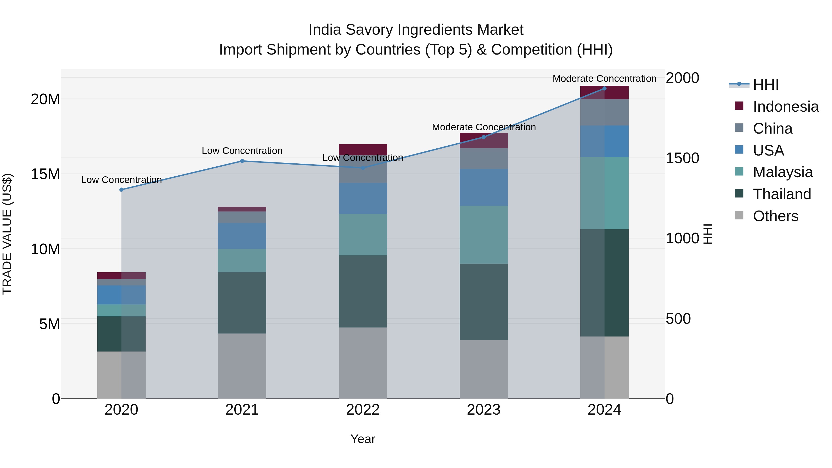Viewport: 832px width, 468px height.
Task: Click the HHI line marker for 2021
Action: click(242, 161)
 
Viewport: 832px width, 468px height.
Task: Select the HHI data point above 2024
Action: click(604, 89)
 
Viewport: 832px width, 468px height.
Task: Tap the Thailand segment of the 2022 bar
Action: click(363, 291)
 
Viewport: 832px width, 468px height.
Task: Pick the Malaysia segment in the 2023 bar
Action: click(483, 235)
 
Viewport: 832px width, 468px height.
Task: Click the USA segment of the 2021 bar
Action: click(242, 236)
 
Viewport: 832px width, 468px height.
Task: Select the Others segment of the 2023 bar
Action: click(483, 369)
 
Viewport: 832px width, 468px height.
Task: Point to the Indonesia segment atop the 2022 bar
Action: click(363, 150)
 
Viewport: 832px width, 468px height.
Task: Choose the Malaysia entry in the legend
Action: click(782, 172)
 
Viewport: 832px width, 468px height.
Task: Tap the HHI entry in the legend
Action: click(765, 85)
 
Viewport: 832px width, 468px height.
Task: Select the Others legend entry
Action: click(775, 216)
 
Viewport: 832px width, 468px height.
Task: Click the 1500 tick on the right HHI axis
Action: click(682, 158)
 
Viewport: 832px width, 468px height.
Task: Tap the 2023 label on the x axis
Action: click(483, 410)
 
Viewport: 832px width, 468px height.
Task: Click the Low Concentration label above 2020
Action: click(121, 180)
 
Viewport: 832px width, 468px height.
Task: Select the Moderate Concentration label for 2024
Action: click(604, 79)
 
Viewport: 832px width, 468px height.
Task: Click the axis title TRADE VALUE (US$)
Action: click(7, 234)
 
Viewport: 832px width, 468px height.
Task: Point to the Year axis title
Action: click(363, 439)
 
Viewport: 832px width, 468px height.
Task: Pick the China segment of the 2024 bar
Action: click(604, 112)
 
